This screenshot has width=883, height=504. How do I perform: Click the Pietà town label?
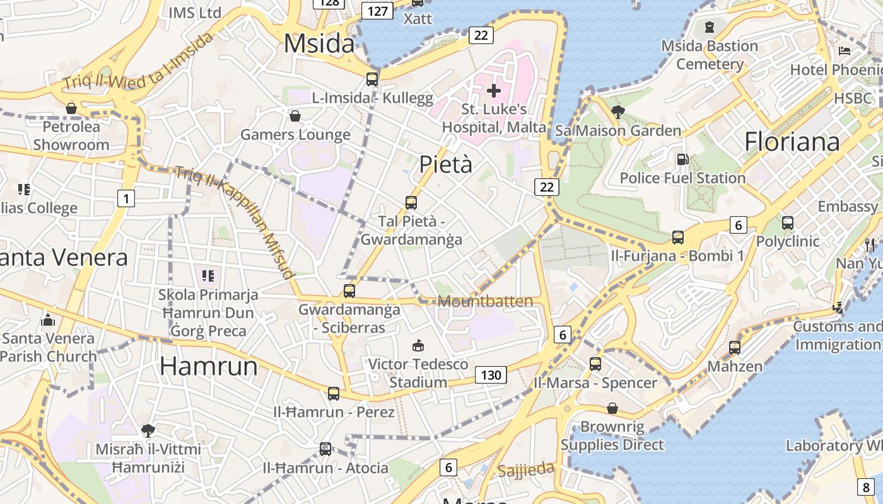pos(446,164)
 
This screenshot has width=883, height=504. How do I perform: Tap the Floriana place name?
pos(792,142)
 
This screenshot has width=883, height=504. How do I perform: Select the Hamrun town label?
pos(209,366)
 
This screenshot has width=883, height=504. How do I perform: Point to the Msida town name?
pos(319,43)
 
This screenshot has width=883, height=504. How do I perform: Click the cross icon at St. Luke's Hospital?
pos(494,91)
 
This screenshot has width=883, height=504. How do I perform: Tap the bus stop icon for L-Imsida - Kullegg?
pos(372,79)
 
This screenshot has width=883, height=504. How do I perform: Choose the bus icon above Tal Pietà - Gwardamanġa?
pos(411,203)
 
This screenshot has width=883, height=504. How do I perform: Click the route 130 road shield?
pos(490,375)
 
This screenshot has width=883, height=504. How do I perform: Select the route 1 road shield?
pos(126,199)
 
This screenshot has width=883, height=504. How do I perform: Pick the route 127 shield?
pos(377,11)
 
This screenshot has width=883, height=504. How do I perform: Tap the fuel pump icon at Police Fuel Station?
pos(682,160)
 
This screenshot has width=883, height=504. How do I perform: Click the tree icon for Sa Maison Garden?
pos(618,112)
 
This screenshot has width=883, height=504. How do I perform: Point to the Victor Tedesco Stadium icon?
pos(418,345)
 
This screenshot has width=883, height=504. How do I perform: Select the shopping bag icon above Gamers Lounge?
pos(295,116)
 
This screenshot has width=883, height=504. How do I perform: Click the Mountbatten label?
pos(485,301)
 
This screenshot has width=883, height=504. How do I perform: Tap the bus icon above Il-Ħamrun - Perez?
pos(334,394)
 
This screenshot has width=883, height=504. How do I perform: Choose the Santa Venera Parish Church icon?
pos(48,320)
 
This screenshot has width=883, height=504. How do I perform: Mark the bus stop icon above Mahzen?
pos(735,348)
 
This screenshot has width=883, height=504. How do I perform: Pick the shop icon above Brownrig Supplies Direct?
pos(612,408)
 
